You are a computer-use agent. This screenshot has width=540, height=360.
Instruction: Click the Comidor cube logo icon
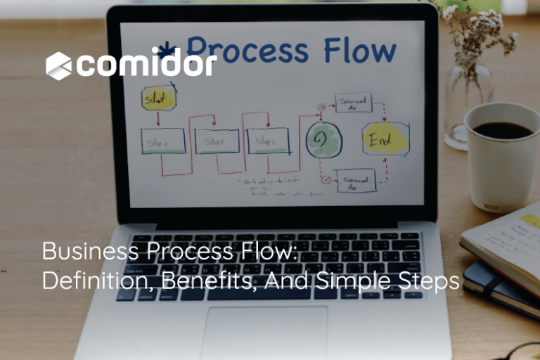click(x=59, y=65)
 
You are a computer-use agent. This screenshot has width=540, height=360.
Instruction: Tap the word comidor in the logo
click(x=146, y=65)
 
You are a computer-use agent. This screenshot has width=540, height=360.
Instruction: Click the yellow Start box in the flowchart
click(x=157, y=99)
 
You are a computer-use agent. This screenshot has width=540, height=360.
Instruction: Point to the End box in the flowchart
click(x=385, y=139)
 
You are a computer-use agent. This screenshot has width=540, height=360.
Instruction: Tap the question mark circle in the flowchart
click(x=323, y=141)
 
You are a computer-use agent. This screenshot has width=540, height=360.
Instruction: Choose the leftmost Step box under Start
click(x=162, y=141)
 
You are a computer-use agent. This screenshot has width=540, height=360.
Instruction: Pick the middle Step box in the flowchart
click(x=217, y=141)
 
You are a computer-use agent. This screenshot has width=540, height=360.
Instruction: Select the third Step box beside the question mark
click(x=267, y=141)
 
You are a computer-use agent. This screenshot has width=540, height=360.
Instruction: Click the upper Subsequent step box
click(x=353, y=103)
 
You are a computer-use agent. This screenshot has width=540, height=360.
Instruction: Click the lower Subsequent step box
click(x=356, y=181)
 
